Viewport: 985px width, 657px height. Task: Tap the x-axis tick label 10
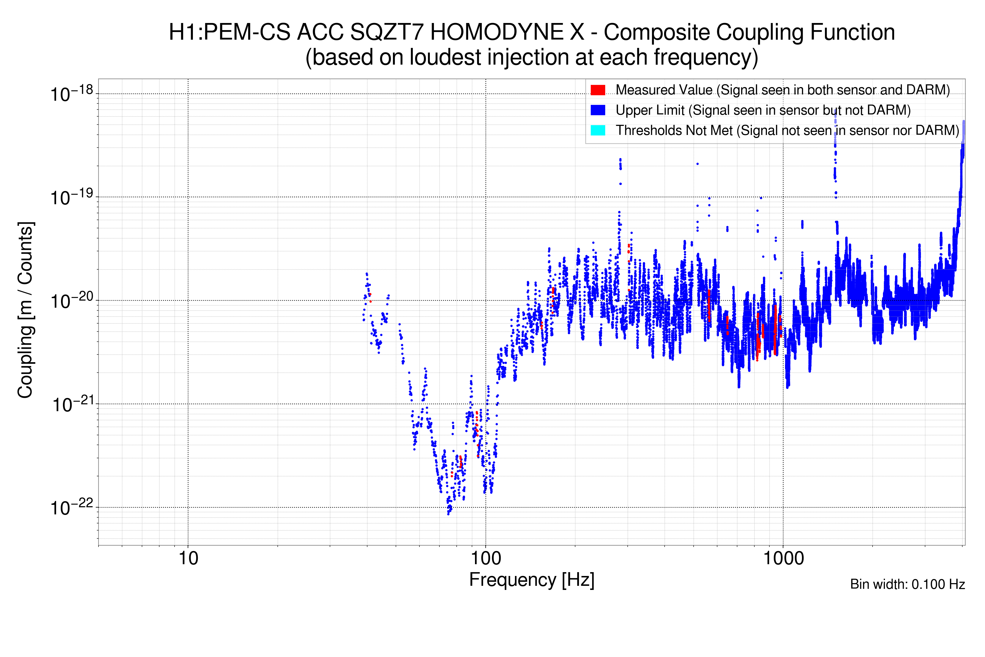click(188, 558)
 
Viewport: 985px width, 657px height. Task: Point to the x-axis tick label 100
click(486, 558)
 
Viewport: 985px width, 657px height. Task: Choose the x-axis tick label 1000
click(783, 558)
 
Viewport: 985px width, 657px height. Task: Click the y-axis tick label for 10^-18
click(71, 94)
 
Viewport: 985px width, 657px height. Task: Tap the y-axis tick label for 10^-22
click(71, 508)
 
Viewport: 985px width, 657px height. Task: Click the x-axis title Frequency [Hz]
click(532, 580)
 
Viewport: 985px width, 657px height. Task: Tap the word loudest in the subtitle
click(445, 57)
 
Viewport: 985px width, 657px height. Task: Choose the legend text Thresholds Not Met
click(674, 130)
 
